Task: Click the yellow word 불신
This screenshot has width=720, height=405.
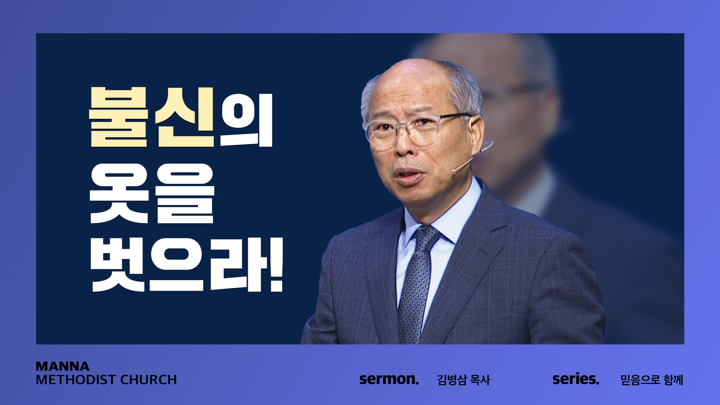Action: click(x=151, y=117)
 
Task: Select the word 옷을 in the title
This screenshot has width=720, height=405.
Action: click(x=152, y=193)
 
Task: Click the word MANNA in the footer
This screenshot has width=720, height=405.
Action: click(x=63, y=366)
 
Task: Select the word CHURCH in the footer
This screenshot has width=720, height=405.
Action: click(x=148, y=380)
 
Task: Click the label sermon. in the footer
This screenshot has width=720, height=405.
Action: click(x=389, y=379)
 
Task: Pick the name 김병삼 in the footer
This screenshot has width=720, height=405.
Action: click(x=452, y=380)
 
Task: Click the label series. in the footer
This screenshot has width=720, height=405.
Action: click(x=576, y=379)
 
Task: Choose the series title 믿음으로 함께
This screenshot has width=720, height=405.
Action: click(x=652, y=380)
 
